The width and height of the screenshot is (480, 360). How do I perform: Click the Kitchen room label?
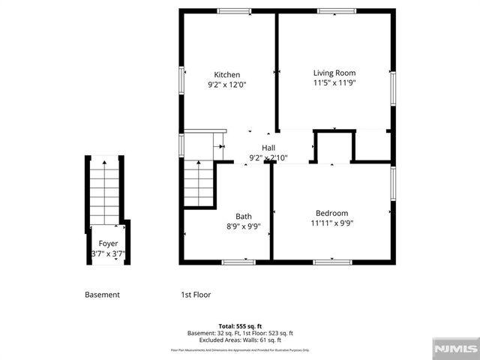point(227,75)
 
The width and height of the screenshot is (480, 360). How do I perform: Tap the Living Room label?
point(334,73)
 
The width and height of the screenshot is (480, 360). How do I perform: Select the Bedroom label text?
point(331,213)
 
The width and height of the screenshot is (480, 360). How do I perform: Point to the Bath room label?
point(244,216)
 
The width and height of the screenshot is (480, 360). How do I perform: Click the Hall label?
point(268,148)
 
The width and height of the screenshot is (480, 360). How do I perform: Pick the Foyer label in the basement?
point(108,244)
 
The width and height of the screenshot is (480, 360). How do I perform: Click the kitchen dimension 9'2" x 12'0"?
point(227,85)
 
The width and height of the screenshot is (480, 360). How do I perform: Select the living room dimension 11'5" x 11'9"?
point(334,83)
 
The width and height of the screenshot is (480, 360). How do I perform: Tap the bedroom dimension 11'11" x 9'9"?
point(331,223)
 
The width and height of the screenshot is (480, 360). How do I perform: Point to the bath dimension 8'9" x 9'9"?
point(244,226)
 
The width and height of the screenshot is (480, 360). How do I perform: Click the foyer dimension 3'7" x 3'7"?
point(107,254)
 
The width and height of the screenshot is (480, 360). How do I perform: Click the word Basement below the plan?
point(102,295)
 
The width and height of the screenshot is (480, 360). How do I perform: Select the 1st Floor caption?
point(196,295)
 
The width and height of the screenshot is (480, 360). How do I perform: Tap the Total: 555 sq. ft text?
point(240,326)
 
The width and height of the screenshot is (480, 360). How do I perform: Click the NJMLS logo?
point(454,349)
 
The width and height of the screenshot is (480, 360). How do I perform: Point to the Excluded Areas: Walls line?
point(240,340)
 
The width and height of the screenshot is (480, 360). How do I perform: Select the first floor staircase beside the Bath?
point(199,183)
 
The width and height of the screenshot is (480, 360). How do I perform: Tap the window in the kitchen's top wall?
point(229,10)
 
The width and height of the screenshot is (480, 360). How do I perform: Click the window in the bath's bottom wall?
point(238,262)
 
